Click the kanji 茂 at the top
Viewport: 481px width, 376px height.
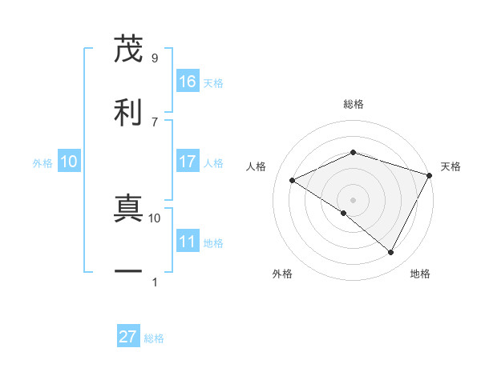(x=128, y=50)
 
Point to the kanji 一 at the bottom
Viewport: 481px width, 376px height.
(x=128, y=270)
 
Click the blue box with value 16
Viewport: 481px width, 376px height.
(x=187, y=82)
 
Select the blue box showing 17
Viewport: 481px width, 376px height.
(x=187, y=162)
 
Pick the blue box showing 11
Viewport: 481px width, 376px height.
(x=187, y=242)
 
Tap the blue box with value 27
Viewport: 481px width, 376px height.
(x=128, y=337)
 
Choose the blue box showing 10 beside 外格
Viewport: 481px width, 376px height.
(x=69, y=162)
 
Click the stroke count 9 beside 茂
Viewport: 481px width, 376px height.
(x=154, y=58)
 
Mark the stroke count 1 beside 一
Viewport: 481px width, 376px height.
(x=154, y=282)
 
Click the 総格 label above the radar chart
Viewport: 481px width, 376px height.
(x=354, y=104)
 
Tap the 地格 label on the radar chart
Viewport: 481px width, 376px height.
(x=420, y=274)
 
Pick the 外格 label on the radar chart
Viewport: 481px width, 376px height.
(x=282, y=274)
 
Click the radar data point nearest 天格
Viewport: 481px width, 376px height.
(x=430, y=174)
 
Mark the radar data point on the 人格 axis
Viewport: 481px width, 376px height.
(x=293, y=180)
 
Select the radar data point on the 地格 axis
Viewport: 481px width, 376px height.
(x=391, y=253)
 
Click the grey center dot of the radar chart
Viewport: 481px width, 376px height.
(x=353, y=199)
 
